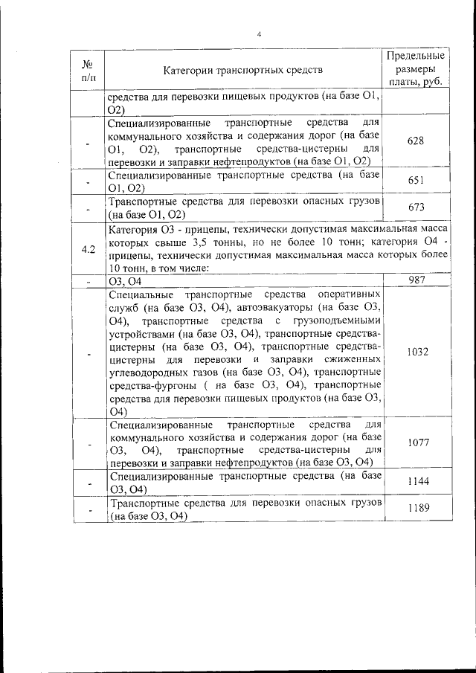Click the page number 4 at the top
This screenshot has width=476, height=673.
[x=259, y=35]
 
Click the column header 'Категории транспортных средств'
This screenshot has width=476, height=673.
[x=243, y=71]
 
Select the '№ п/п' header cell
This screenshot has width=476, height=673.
[x=89, y=70]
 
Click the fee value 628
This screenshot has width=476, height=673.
[x=416, y=141]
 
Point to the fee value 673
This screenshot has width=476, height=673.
[x=416, y=207]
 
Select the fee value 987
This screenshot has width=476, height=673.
[x=416, y=280]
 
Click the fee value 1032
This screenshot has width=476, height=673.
[x=416, y=352]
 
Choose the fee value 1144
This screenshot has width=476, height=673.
[x=416, y=483]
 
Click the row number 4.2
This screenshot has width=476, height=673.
[x=89, y=248]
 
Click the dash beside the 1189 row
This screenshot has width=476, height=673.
[x=89, y=510]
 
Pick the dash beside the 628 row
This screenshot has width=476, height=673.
[x=89, y=141]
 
